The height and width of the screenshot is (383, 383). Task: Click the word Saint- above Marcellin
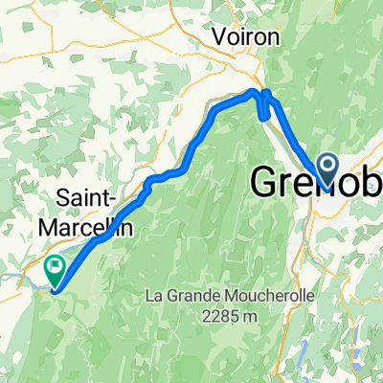[88, 198]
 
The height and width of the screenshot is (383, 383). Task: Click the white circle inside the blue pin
[327, 166]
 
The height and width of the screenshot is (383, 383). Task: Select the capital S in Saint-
[63, 198]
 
